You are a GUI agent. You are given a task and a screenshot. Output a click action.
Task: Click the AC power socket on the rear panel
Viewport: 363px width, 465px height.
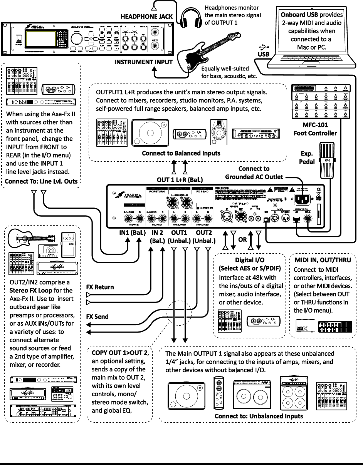(x=303, y=200)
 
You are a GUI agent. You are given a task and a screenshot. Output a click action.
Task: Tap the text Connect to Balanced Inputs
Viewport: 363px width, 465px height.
(x=181, y=153)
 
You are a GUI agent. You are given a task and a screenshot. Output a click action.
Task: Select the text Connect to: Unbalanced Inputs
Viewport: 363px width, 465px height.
(x=259, y=416)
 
